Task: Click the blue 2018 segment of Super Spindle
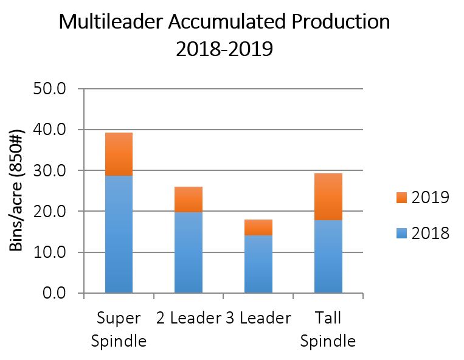pyautogui.click(x=119, y=234)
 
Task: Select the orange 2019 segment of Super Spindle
pyautogui.click(x=119, y=154)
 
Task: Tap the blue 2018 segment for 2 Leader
pyautogui.click(x=189, y=252)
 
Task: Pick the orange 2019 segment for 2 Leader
pyautogui.click(x=189, y=199)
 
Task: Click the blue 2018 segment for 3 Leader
pyautogui.click(x=258, y=264)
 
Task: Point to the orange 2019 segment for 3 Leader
pyautogui.click(x=258, y=227)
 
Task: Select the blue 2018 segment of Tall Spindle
pyautogui.click(x=328, y=256)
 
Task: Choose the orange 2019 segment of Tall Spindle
pyautogui.click(x=328, y=196)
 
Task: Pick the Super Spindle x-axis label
pyautogui.click(x=119, y=329)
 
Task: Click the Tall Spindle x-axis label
pyautogui.click(x=328, y=329)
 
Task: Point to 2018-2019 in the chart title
pyautogui.click(x=224, y=49)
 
